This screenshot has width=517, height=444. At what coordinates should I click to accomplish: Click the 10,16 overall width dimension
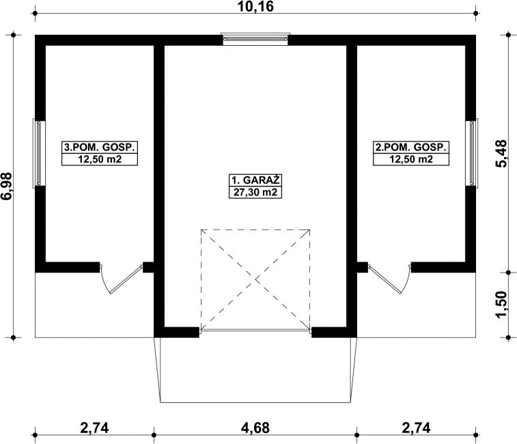click(255, 7)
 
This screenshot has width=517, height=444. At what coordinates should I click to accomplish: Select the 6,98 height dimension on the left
click(7, 186)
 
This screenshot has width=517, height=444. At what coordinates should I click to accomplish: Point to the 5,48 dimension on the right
click(501, 154)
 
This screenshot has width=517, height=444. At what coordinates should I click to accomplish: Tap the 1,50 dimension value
click(501, 305)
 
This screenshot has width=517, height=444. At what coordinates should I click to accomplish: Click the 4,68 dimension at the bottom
click(255, 428)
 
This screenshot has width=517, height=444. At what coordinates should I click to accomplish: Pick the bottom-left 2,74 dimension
click(94, 428)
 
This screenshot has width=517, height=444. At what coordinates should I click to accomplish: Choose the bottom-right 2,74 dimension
click(416, 428)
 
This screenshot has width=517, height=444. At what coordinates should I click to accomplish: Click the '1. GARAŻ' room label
click(255, 180)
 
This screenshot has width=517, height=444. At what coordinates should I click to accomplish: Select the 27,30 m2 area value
click(255, 192)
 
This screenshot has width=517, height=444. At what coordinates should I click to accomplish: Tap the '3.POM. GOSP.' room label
click(100, 147)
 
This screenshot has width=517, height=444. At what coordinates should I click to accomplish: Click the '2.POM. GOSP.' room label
click(411, 147)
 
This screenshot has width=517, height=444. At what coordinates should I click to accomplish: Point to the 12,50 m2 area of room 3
click(100, 159)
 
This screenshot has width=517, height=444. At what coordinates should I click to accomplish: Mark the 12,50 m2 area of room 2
click(411, 159)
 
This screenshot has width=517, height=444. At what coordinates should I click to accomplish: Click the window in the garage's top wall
click(255, 39)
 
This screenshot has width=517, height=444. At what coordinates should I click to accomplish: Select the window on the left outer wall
click(39, 154)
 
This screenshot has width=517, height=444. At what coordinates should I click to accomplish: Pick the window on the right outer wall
click(472, 154)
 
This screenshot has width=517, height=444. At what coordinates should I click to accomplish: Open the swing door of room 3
click(122, 278)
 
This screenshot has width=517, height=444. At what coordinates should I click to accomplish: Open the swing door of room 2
click(389, 278)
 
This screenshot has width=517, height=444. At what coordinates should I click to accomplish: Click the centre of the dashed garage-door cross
click(255, 280)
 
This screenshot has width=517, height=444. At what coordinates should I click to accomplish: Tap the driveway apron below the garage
click(255, 370)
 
